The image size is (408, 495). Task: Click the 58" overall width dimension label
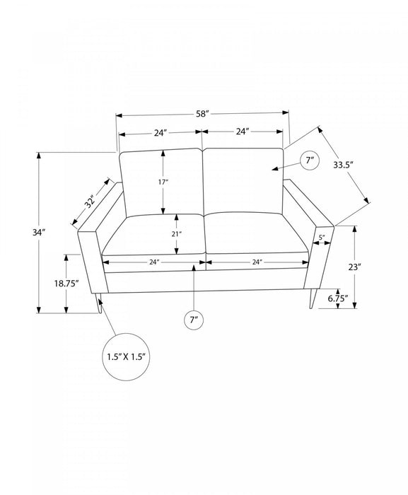(x=203, y=114)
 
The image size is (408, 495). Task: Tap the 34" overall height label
(x=39, y=233)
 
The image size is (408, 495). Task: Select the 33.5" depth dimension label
(x=343, y=165)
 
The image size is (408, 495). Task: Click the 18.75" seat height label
(x=66, y=284)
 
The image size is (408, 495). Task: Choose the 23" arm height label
(x=355, y=267)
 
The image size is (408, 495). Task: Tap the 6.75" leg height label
(x=338, y=298)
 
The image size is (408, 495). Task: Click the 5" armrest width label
(x=322, y=238)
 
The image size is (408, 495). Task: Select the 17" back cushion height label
(x=163, y=182)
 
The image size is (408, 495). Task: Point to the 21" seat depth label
(x=177, y=234)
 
